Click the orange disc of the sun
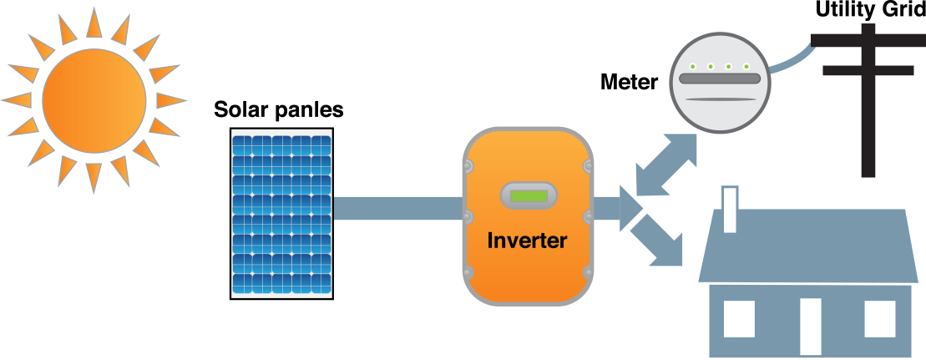94,99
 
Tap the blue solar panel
281,213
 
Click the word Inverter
527,241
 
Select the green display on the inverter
528,197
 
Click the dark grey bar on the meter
719,79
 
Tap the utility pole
868,109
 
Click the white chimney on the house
730,210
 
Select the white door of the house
810,326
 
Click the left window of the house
739,318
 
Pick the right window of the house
879,318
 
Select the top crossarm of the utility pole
868,39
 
